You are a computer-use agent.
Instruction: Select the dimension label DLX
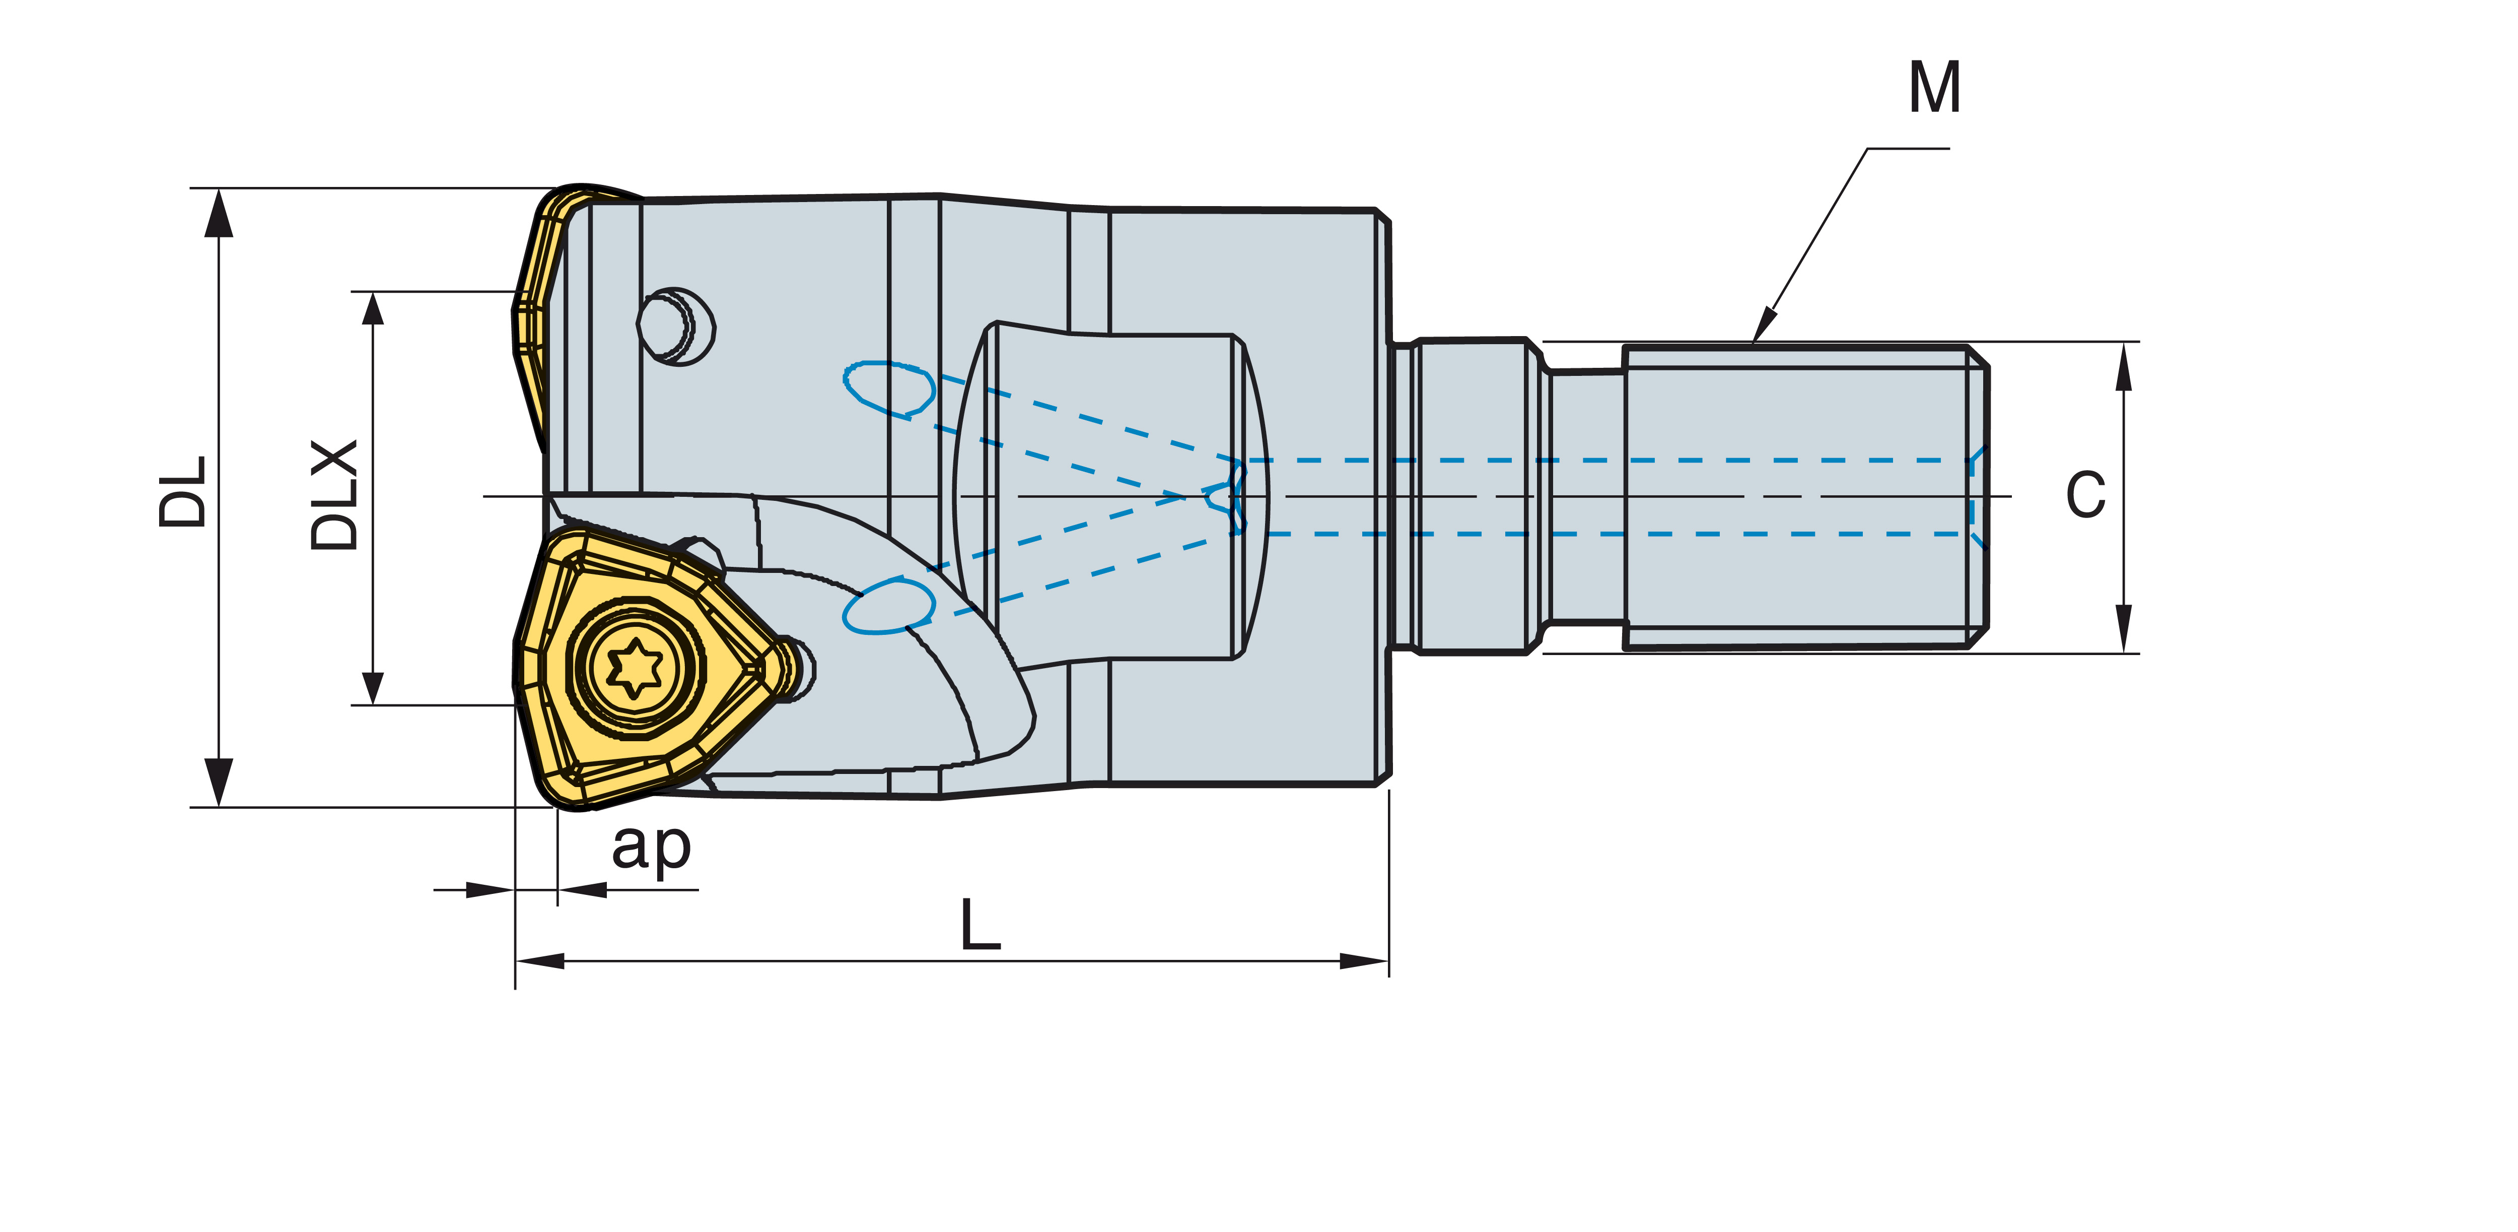click(x=334, y=495)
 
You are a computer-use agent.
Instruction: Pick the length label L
click(x=981, y=924)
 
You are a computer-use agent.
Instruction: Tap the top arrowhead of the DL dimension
click(x=219, y=212)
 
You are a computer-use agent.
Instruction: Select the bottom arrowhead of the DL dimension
click(x=219, y=782)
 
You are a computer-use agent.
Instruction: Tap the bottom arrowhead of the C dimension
click(x=2123, y=629)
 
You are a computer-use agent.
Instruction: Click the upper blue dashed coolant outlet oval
click(x=888, y=389)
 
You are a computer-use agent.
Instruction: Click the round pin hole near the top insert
click(x=676, y=326)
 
